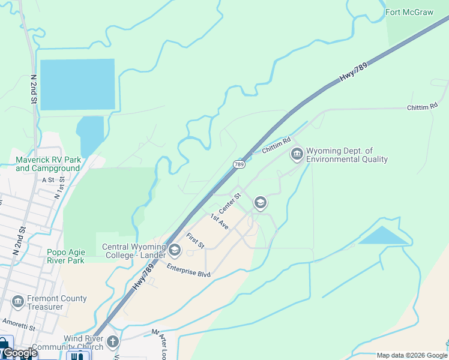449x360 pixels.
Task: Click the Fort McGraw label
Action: pos(409,12)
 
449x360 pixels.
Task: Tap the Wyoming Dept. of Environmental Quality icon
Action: pos(297,155)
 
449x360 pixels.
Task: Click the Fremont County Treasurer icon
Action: pos(17,302)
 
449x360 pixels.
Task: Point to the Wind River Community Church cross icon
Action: pos(112,343)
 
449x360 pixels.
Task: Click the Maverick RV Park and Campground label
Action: pos(48,164)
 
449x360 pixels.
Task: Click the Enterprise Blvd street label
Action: pos(189,271)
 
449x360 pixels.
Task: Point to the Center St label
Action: pos(229,202)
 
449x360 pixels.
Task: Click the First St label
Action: pos(195,241)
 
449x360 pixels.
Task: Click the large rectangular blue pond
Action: pos(77,84)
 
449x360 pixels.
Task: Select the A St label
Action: pos(47,179)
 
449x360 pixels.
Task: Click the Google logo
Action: pos(19,353)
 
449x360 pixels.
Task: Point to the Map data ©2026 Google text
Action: pos(411,355)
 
